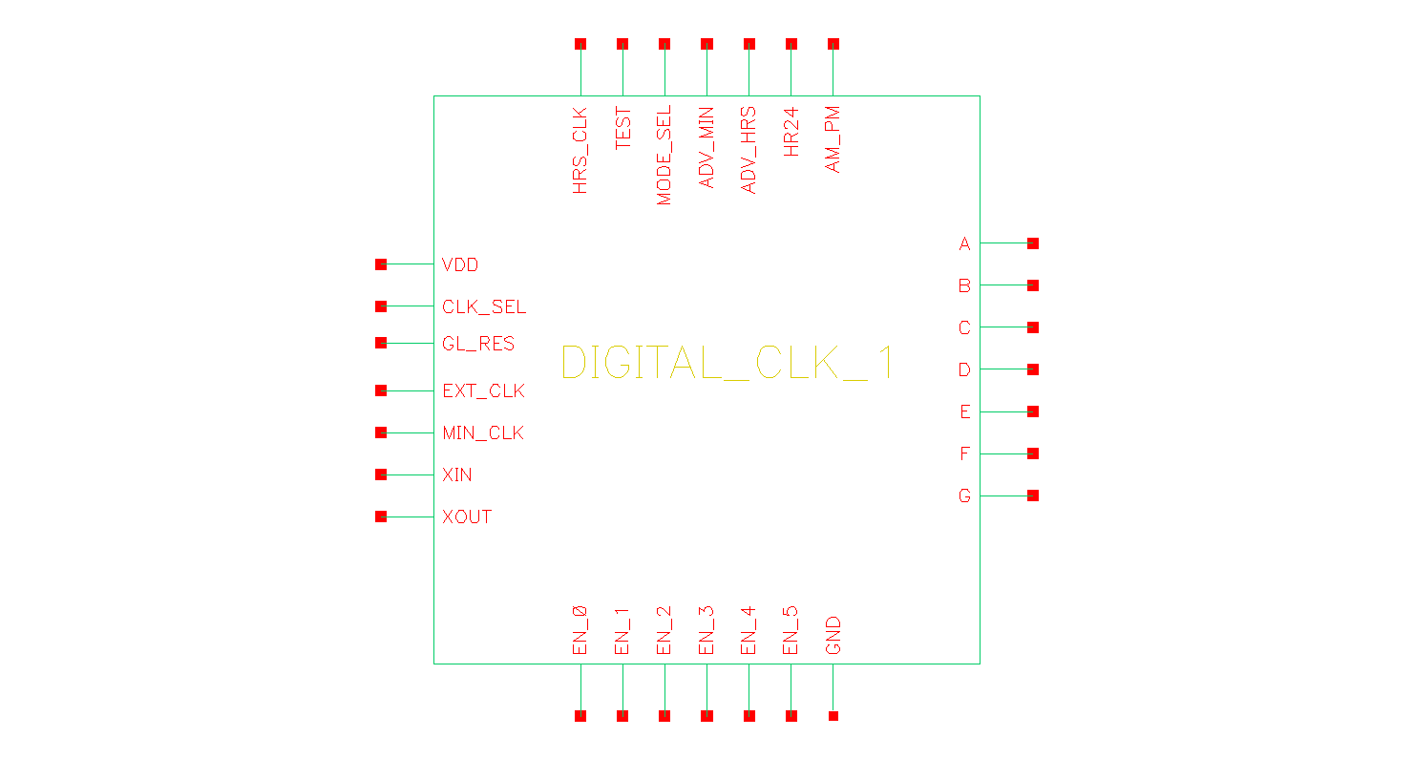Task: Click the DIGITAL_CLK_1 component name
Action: coord(728,362)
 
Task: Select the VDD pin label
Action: coord(460,265)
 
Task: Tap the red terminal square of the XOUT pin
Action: coord(381,517)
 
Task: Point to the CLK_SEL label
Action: coord(484,307)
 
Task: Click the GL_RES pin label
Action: coord(478,344)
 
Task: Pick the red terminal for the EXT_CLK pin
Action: coord(381,390)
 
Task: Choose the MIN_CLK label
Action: coord(483,433)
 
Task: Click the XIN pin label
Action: coord(456,475)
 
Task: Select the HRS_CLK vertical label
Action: coord(580,150)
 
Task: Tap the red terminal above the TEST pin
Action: coord(622,44)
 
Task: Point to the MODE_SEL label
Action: coord(664,156)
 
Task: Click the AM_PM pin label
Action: coord(833,139)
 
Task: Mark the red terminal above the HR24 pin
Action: coord(791,44)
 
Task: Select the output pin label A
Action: coord(964,244)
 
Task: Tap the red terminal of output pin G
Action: coord(1033,495)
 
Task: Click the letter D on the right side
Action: coord(964,369)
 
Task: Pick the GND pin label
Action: coord(833,635)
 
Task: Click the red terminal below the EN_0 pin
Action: coord(580,716)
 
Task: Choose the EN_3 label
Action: coord(706,630)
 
